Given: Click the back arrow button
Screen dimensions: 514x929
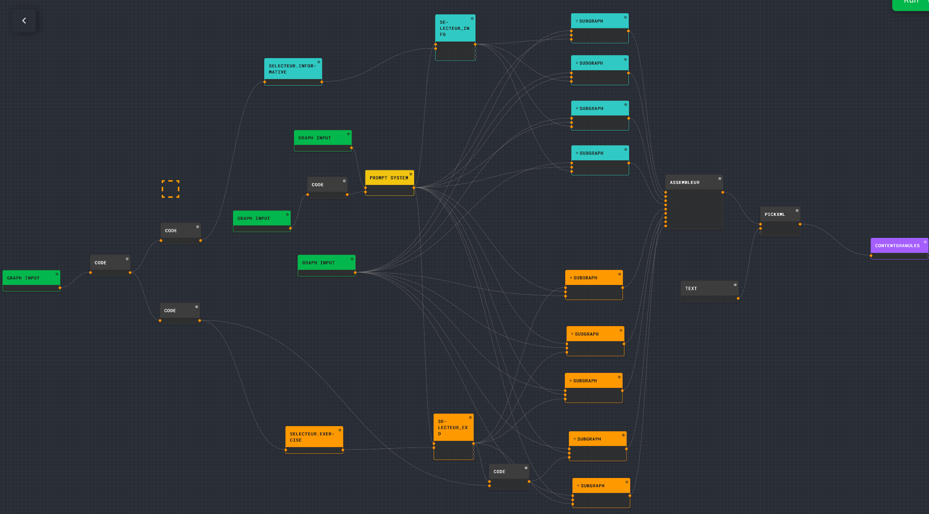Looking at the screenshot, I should pyautogui.click(x=24, y=21).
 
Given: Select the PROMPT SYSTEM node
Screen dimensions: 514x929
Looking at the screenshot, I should pyautogui.click(x=389, y=178).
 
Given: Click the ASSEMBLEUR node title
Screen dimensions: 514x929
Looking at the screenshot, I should pyautogui.click(x=685, y=182).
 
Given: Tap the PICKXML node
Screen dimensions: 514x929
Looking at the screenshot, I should pyautogui.click(x=775, y=214).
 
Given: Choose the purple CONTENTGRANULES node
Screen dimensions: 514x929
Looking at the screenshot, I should pyautogui.click(x=897, y=246).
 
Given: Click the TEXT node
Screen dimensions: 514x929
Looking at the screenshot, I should pyautogui.click(x=691, y=289).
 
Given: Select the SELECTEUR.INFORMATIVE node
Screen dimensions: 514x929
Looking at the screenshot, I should pyautogui.click(x=292, y=69).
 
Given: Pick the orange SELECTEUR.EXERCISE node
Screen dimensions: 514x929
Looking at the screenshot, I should pyautogui.click(x=312, y=437).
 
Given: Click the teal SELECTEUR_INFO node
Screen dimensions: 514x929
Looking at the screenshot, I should pyautogui.click(x=455, y=28).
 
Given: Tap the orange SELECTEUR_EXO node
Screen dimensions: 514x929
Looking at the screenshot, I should pyautogui.click(x=453, y=428).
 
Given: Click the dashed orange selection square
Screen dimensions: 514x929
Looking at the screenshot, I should pyautogui.click(x=171, y=189).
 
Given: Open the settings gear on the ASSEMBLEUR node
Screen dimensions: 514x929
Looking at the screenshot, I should pyautogui.click(x=720, y=179).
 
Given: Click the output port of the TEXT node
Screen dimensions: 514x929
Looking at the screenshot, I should pyautogui.click(x=738, y=299).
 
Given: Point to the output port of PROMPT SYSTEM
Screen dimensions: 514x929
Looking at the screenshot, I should pyautogui.click(x=414, y=188).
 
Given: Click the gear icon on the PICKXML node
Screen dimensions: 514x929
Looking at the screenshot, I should pyautogui.click(x=797, y=211).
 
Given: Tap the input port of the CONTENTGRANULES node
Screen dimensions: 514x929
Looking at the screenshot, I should pyautogui.click(x=871, y=256).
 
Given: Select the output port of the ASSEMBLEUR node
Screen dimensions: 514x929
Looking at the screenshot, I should pyautogui.click(x=722, y=192).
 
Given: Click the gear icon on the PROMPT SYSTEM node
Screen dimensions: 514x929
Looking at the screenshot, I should pyautogui.click(x=410, y=174).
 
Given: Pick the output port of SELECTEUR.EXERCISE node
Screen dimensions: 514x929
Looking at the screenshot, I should pyautogui.click(x=342, y=450).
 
